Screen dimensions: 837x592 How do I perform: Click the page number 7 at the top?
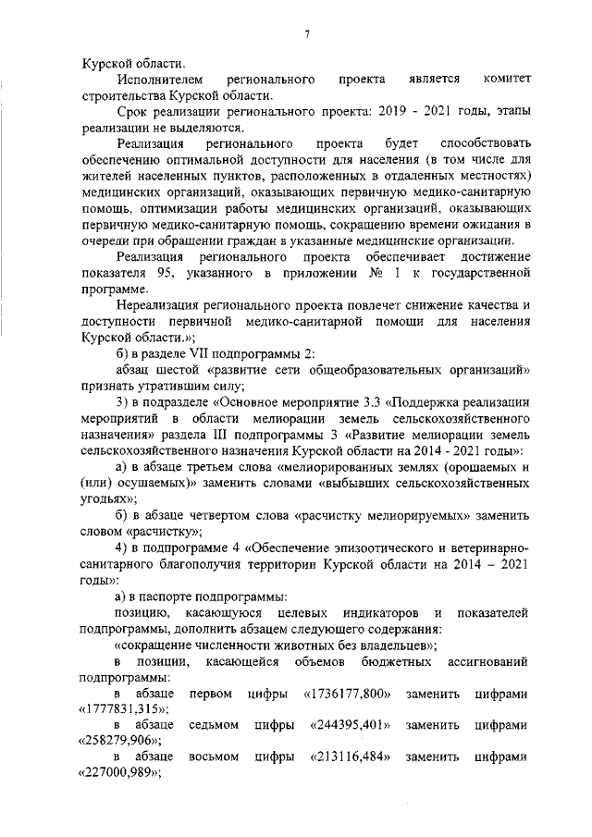tap(305, 35)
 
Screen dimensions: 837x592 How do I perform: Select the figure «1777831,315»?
tap(117, 707)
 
